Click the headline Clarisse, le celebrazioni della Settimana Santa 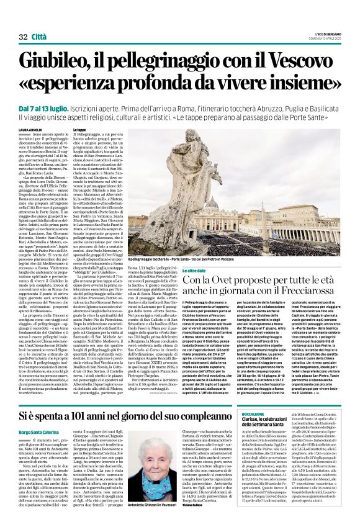(306, 425)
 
